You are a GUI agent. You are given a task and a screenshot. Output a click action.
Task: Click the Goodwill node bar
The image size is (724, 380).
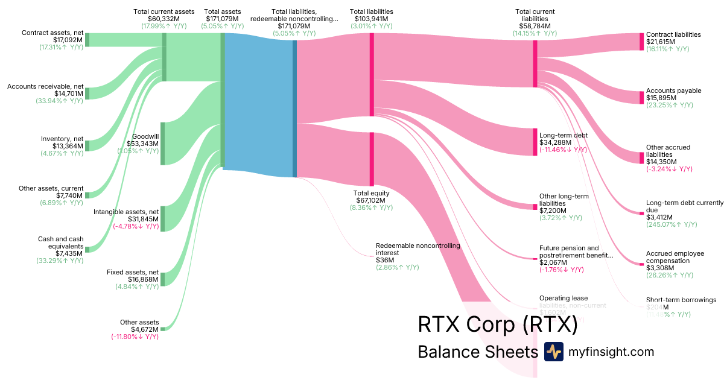162,143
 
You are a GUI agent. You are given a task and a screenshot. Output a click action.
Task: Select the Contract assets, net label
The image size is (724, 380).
52,33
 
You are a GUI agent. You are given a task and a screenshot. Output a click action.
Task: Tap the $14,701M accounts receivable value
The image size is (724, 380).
68,93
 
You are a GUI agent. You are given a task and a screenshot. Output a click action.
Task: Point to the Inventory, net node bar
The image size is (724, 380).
87,145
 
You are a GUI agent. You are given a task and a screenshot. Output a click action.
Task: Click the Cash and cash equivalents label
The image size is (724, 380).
61,243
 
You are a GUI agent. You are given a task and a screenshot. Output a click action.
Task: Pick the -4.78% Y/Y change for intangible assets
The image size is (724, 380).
136,226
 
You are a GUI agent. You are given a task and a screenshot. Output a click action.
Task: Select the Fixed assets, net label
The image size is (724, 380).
133,272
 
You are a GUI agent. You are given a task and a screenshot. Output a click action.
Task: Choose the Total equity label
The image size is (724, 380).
371,194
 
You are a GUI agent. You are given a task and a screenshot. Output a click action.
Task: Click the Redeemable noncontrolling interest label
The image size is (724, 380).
418,250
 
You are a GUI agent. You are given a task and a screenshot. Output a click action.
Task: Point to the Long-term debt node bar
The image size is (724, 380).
535,142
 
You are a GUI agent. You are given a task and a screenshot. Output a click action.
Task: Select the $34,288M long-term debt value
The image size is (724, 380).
555,142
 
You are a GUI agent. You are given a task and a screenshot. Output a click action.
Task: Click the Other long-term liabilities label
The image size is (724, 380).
564,200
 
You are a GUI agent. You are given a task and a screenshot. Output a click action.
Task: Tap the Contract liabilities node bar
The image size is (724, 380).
642,42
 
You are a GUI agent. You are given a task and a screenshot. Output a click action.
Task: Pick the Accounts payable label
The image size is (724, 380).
673,90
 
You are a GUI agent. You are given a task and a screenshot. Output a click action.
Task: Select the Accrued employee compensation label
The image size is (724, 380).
675,257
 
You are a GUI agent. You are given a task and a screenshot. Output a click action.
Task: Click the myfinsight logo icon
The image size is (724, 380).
553,352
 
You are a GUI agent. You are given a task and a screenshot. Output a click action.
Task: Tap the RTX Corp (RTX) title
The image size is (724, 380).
498,325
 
